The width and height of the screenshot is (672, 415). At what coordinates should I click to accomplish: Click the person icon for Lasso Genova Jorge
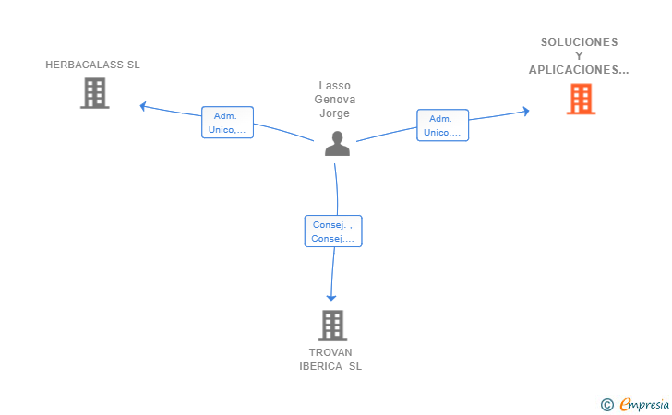point(337,144)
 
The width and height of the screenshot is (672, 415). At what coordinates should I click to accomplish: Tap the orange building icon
point(582,99)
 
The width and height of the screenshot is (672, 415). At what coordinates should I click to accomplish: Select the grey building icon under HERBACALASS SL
point(95,93)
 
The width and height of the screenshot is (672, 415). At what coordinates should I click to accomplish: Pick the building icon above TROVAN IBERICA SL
point(332,325)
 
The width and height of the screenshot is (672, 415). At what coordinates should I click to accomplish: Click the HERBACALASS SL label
point(92,65)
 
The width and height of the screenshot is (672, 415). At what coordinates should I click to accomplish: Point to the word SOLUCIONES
point(579,42)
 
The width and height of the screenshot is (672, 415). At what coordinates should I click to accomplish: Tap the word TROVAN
point(330,352)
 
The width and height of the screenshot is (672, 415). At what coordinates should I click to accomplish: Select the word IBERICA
point(320,366)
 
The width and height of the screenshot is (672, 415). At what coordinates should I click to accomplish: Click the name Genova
point(335,100)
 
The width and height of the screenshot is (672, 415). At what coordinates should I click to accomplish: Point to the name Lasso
point(335,86)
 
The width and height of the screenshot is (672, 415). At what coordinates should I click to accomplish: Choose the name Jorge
point(335,113)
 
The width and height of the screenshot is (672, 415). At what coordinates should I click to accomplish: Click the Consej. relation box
point(333,231)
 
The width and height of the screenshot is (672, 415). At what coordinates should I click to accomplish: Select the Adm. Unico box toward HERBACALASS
point(228,123)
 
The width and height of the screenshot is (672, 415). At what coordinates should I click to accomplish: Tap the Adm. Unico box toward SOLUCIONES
point(443,125)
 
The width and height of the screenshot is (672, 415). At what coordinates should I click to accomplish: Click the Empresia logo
point(644,404)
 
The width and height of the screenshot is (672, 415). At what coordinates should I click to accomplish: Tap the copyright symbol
point(607,405)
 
